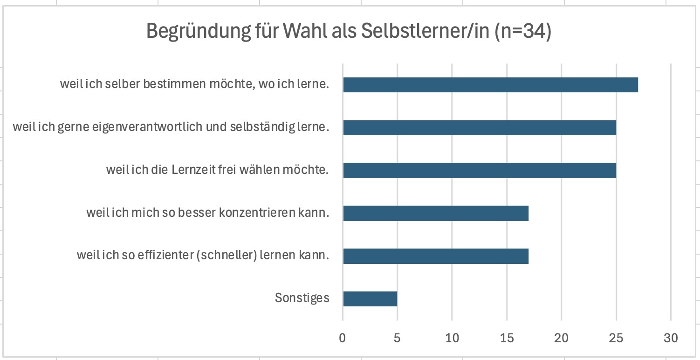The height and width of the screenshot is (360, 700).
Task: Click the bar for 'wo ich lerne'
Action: (491, 85)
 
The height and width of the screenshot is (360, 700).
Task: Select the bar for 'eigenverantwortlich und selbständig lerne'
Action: (480, 128)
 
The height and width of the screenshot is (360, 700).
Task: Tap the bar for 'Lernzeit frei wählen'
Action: (480, 171)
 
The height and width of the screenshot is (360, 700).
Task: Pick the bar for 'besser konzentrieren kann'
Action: (436, 213)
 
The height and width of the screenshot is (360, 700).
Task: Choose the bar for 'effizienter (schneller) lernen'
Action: (436, 256)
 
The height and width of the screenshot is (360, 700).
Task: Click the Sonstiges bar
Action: (371, 299)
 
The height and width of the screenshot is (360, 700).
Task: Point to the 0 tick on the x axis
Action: (343, 338)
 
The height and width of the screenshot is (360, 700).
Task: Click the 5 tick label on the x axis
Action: (397, 338)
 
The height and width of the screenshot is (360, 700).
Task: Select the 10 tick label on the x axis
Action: (452, 338)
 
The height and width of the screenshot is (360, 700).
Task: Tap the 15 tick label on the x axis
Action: (507, 338)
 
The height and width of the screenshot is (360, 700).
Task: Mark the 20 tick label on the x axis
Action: (561, 338)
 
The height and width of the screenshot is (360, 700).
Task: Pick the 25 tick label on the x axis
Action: (616, 338)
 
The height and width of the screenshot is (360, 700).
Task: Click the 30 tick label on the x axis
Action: (671, 338)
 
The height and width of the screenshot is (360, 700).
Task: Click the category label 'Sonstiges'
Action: (302, 298)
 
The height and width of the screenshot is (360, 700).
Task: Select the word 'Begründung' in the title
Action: (199, 31)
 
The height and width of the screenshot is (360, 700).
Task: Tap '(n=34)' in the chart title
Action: (523, 31)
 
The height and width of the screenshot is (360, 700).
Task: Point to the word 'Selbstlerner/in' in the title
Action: (425, 31)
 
